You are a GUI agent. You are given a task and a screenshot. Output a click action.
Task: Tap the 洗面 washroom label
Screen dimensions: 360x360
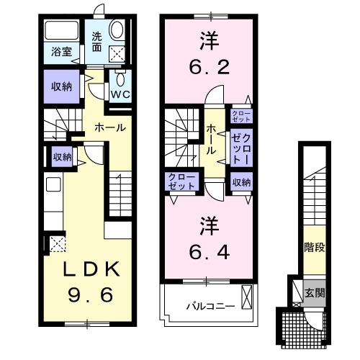coord(96,42)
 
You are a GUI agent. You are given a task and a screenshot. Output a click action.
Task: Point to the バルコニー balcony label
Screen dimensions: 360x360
coord(211,307)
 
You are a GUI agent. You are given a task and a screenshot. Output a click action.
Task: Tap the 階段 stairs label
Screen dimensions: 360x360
coord(314,248)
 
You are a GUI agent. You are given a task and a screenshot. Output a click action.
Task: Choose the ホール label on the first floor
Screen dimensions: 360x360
coord(112,127)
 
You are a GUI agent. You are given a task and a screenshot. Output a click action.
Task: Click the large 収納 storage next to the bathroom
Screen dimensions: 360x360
coord(60,86)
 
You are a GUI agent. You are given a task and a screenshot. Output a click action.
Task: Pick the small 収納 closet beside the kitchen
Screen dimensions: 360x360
coord(61,156)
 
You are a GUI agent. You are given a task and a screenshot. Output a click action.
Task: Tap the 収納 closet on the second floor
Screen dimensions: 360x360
coord(241,183)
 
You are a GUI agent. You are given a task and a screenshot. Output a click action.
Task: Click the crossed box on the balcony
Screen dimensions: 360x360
coord(248,296)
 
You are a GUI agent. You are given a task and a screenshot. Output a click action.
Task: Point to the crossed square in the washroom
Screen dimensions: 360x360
coord(117,52)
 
